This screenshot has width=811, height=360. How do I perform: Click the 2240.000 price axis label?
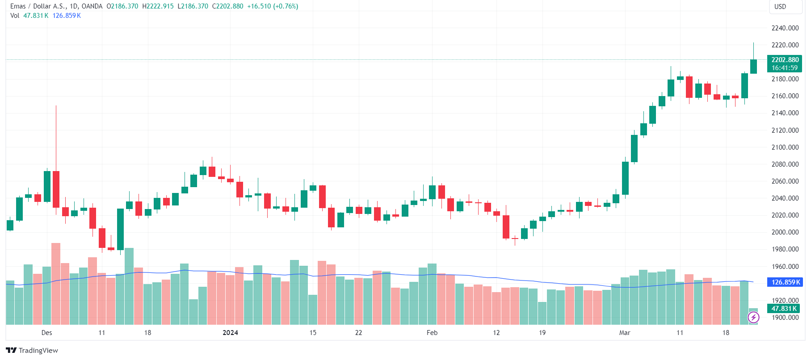click(785, 28)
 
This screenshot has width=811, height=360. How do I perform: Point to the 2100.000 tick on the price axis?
click(785, 147)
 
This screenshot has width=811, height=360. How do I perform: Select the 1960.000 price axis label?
click(785, 267)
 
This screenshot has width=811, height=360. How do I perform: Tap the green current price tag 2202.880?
click(785, 64)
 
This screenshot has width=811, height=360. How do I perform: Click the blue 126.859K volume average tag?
click(785, 282)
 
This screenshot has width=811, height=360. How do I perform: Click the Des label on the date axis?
click(46, 333)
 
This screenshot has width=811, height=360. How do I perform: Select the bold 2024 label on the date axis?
click(230, 333)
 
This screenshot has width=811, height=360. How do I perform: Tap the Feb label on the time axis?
click(432, 333)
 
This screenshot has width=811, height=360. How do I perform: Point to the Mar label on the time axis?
click(625, 333)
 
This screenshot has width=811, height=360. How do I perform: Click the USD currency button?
click(780, 7)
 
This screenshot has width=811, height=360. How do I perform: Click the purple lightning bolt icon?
click(753, 318)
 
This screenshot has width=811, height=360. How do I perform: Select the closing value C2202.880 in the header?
click(228, 6)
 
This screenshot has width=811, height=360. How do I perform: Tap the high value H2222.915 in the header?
click(158, 6)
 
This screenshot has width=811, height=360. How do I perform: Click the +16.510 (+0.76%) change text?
click(273, 6)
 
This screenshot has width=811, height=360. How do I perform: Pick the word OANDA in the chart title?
click(92, 6)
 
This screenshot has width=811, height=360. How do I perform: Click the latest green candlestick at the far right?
click(753, 66)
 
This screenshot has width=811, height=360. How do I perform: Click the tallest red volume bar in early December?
click(56, 284)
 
